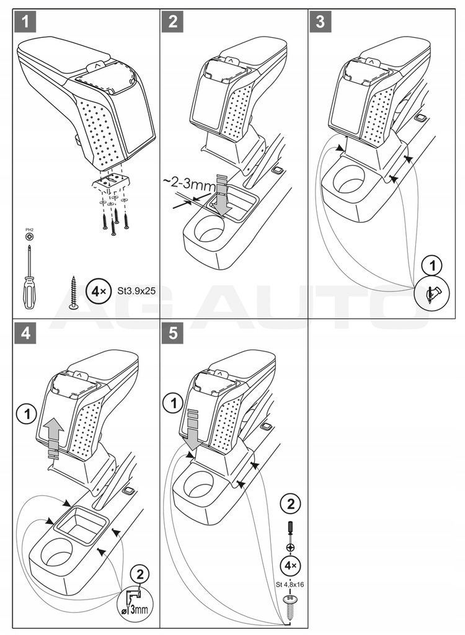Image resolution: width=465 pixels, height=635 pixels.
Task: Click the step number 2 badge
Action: tap(172, 21)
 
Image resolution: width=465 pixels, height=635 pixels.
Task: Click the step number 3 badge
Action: tap(320, 21)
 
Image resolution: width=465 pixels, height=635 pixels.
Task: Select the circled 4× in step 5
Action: tap(289, 565)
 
